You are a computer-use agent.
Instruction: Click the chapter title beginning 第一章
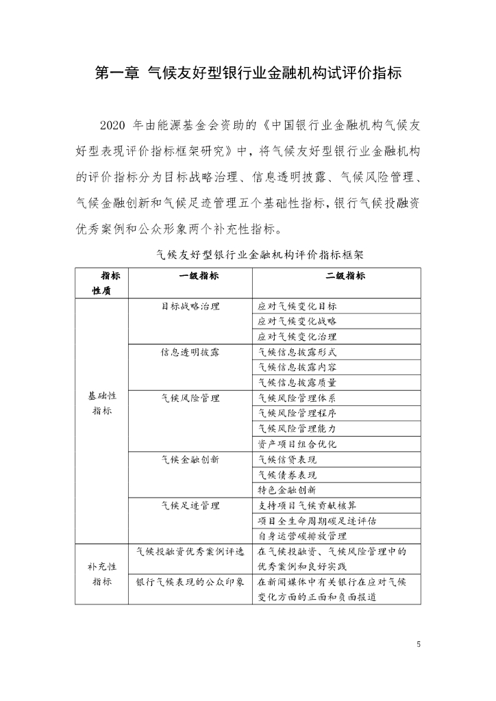[247, 73]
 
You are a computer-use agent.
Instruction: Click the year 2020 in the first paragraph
[114, 126]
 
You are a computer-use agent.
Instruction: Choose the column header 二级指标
[336, 276]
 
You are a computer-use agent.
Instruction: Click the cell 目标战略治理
[190, 306]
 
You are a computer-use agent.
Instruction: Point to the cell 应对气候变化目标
[297, 306]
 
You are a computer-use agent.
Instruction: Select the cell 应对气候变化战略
[297, 321]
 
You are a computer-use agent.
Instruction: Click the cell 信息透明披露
[190, 352]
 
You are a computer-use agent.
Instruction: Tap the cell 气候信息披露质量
[297, 383]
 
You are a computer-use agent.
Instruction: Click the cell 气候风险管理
[190, 398]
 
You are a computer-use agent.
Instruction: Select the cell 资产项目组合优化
[297, 444]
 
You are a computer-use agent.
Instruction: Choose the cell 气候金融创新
[190, 459]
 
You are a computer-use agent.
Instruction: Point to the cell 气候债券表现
[288, 474]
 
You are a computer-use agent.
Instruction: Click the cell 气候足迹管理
[190, 505]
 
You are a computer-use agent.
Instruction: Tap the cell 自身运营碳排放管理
[302, 536]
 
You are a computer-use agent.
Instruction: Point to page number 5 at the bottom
[419, 644]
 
